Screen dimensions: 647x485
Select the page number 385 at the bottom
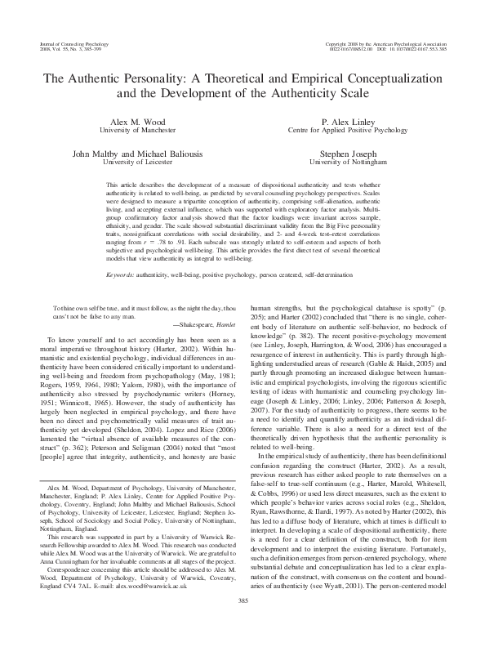tap(242, 622)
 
